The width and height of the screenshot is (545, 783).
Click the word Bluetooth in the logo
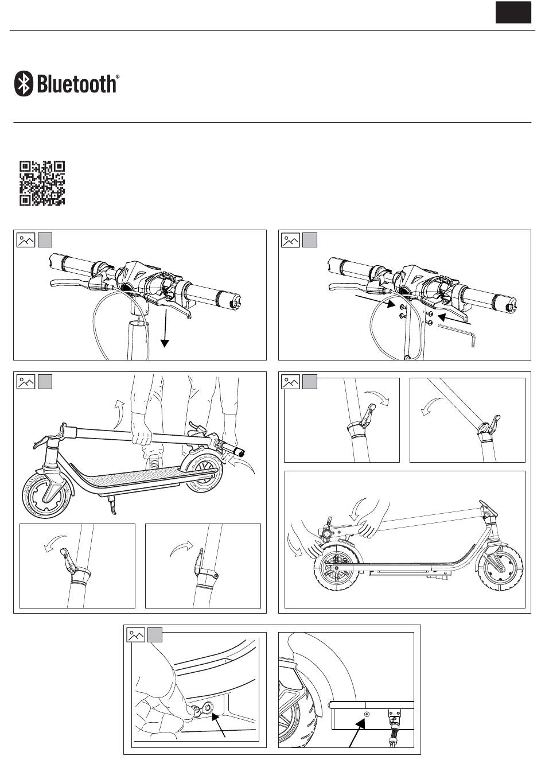(x=76, y=84)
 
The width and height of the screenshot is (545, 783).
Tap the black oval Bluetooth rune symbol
(x=24, y=84)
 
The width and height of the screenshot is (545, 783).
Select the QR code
(x=42, y=183)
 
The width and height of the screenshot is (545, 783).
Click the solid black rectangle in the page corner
(x=513, y=12)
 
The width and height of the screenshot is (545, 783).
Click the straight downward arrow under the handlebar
(x=165, y=328)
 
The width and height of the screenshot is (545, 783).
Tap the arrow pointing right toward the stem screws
(x=376, y=301)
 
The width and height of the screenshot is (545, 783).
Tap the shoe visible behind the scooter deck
(x=153, y=463)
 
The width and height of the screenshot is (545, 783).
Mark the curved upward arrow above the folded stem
(x=119, y=414)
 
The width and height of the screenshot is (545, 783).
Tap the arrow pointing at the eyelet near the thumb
(x=219, y=726)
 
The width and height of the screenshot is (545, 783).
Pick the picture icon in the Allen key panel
(x=291, y=240)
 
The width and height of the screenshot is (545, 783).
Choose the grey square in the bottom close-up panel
(x=155, y=635)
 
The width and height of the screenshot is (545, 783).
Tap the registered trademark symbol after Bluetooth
(x=118, y=76)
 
